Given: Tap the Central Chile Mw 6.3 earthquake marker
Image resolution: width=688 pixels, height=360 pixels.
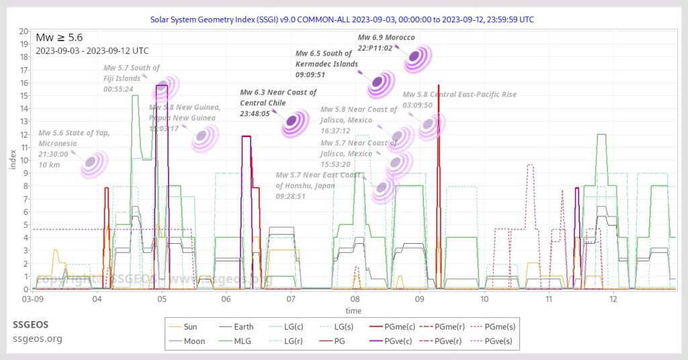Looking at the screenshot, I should [x=294, y=122].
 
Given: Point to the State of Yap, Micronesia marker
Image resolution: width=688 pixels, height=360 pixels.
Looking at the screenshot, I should [x=94, y=164].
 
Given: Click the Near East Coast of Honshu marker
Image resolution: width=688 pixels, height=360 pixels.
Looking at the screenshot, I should [x=383, y=189].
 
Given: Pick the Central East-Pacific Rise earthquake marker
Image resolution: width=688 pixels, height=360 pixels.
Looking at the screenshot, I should [x=430, y=126].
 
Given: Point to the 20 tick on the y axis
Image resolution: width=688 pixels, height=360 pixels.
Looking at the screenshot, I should [x=24, y=31].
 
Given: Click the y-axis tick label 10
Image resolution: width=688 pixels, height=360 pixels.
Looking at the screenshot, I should [x=24, y=161].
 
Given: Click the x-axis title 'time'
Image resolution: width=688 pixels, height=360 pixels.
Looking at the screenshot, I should [x=353, y=311].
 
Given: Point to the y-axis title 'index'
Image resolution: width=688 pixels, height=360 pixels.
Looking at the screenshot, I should [x=11, y=161].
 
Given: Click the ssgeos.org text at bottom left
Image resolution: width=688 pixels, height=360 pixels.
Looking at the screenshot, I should [x=37, y=338].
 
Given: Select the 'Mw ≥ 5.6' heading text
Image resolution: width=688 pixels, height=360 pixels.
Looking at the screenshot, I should [x=59, y=37].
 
